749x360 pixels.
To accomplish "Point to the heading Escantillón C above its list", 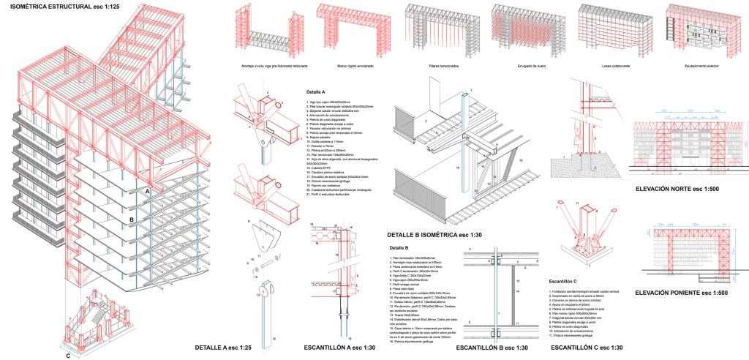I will click(563, 282).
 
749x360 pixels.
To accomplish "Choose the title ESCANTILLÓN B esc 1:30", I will click(487, 348).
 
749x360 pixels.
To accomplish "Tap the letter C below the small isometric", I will click(68, 356).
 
